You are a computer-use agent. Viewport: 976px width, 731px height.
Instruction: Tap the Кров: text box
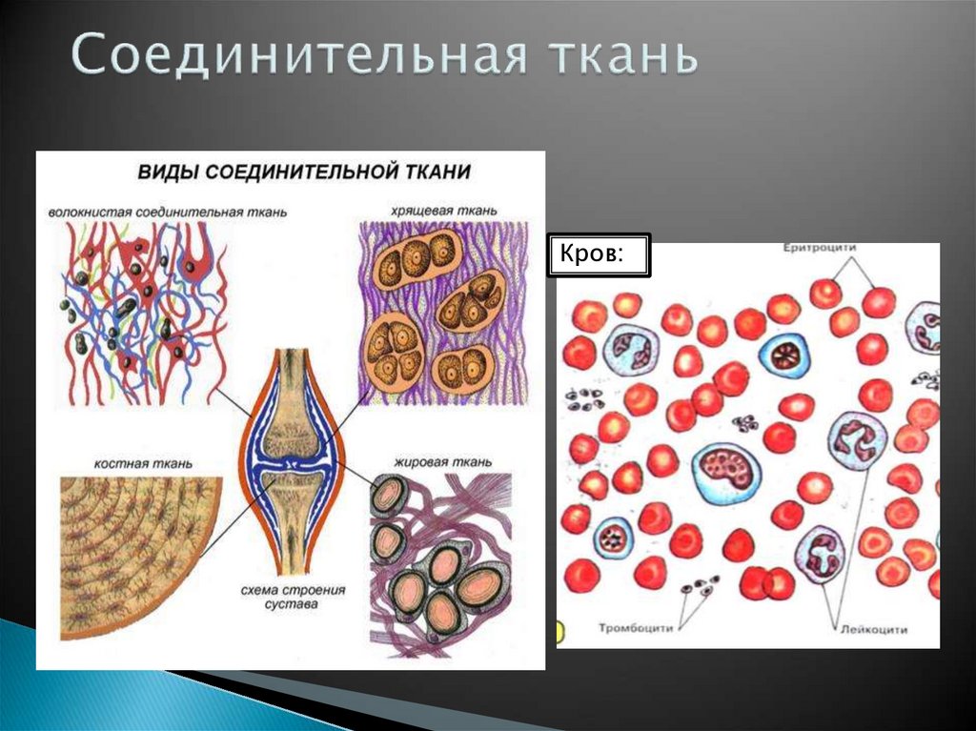pos(599,255)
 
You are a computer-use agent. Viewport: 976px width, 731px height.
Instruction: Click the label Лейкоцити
pos(874,629)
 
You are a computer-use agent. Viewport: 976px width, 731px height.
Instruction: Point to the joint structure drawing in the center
pos(293,457)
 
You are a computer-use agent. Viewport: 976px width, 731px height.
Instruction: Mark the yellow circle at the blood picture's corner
pos(560,631)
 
